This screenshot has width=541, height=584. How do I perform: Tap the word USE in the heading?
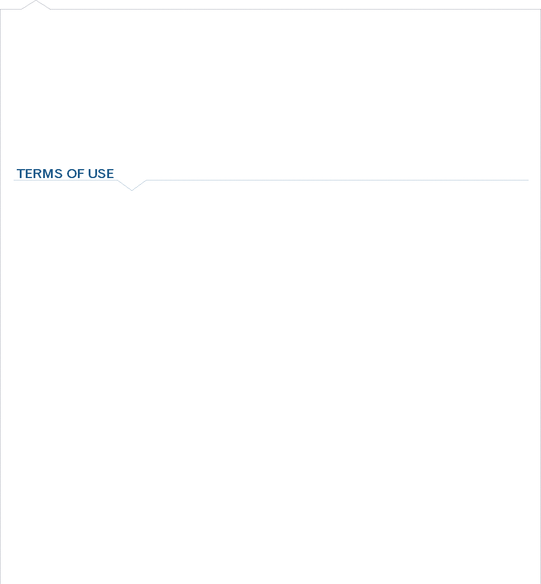click(x=101, y=173)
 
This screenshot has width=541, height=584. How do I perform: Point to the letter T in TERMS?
click(x=21, y=173)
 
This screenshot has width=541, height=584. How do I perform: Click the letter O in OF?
click(x=72, y=173)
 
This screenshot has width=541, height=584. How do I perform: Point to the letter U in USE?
click(x=92, y=173)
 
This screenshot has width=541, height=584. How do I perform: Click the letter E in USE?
click(x=110, y=173)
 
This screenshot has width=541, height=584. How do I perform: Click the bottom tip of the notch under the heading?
click(x=132, y=190)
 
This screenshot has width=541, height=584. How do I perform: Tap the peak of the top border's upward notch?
click(x=36, y=1)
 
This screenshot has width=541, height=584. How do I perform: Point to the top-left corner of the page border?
click(x=1, y=10)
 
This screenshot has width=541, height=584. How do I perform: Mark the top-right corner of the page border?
click(x=540, y=10)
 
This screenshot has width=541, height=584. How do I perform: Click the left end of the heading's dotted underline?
click(x=14, y=180)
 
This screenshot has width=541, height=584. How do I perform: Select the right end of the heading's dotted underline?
click(x=528, y=180)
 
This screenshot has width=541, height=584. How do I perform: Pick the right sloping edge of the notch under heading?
click(x=140, y=185)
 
